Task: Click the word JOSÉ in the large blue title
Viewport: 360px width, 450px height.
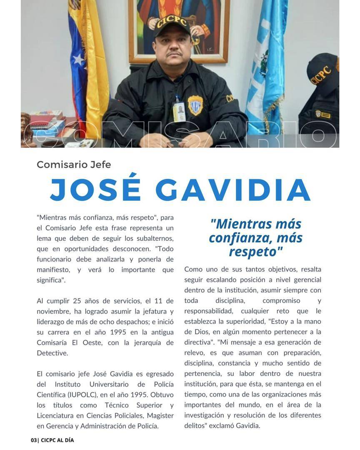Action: coord(95,190)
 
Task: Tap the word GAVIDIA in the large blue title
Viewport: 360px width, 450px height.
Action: coord(233,190)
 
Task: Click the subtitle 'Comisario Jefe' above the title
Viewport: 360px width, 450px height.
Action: coord(74,165)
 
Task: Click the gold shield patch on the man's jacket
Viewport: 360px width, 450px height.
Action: coord(195,105)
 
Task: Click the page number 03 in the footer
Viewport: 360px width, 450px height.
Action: coord(34,440)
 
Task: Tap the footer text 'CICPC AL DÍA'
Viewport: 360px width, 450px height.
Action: coord(57,440)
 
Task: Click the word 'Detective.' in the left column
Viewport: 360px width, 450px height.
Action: coord(52,353)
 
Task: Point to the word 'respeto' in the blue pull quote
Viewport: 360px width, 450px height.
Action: coord(254,252)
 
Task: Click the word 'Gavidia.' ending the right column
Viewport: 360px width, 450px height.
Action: coord(248,425)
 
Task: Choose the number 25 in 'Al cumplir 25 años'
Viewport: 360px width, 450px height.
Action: coord(77,301)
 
